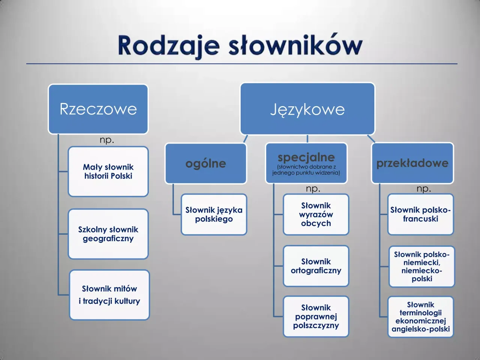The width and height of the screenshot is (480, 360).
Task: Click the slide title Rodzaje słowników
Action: [240, 46]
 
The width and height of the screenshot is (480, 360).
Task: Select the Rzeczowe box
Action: [98, 109]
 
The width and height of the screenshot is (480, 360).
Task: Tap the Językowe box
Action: [307, 109]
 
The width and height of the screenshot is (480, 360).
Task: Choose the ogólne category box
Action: [206, 163]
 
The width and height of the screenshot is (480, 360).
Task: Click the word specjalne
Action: [306, 157]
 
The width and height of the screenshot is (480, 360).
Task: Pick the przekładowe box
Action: [412, 163]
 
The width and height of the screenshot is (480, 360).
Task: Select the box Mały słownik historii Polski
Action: [108, 172]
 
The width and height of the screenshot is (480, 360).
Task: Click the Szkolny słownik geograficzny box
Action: [108, 234]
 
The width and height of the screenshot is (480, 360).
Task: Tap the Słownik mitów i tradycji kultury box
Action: [109, 295]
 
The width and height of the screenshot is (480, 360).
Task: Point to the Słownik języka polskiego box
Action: [214, 214]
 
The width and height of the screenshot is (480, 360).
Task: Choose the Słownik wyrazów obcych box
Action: [316, 214]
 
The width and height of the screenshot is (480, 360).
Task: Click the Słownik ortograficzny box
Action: [316, 266]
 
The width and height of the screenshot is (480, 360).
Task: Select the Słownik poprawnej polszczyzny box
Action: [316, 316]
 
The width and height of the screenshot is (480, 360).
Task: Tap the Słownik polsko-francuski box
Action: [420, 214]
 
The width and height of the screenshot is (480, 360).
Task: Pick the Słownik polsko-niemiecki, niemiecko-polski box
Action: [422, 267]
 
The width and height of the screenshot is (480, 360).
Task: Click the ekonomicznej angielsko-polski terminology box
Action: [421, 317]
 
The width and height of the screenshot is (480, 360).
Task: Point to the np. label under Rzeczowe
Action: [107, 140]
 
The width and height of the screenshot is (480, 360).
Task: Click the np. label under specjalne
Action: [313, 189]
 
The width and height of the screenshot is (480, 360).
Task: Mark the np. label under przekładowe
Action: [424, 189]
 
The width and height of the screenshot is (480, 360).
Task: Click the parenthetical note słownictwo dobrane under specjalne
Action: [306, 170]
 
